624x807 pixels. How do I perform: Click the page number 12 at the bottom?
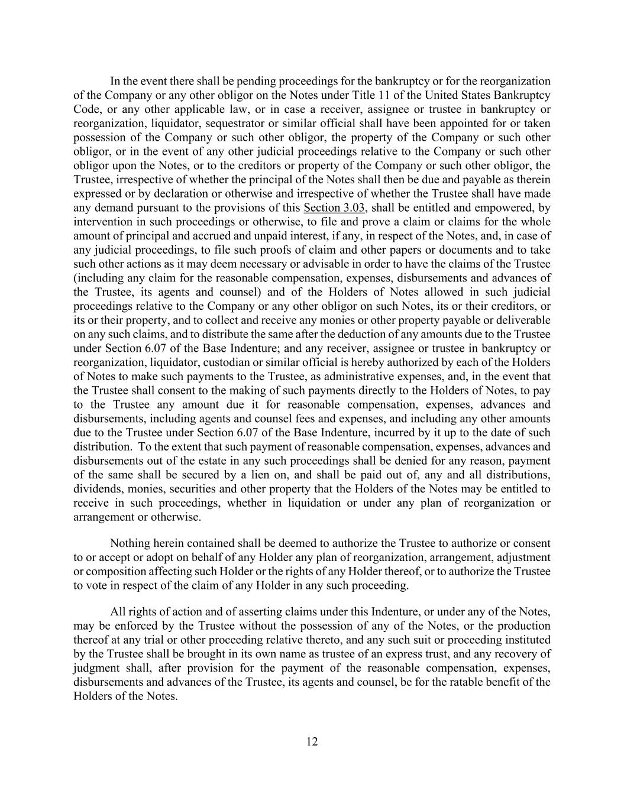[x=312, y=742]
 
